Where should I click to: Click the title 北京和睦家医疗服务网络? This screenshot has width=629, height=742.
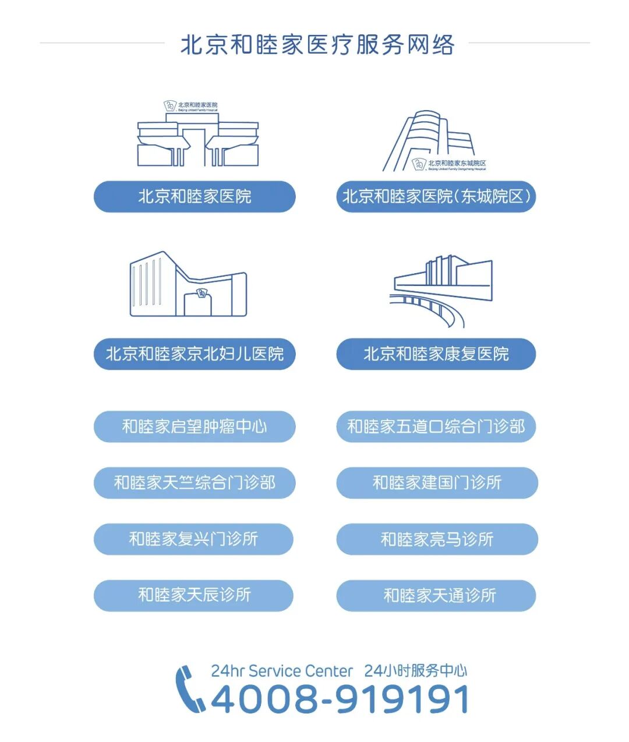click(x=317, y=45)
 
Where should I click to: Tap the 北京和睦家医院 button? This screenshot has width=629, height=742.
click(x=195, y=197)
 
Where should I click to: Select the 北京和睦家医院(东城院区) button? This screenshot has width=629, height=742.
click(x=436, y=197)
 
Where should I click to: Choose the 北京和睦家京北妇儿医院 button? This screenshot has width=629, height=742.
click(x=195, y=354)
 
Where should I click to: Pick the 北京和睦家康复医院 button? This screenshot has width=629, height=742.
click(x=436, y=354)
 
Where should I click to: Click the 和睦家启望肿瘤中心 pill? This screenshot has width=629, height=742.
click(x=195, y=427)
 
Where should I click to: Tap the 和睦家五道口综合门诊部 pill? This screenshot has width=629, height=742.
click(x=436, y=427)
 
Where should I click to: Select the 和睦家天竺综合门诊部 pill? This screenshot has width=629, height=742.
click(x=195, y=483)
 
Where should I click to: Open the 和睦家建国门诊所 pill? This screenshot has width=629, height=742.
click(x=437, y=483)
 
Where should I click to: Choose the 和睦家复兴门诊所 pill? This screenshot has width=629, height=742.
click(x=193, y=539)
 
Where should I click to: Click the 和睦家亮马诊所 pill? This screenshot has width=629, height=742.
click(x=437, y=539)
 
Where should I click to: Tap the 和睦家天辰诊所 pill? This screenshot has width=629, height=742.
click(x=193, y=595)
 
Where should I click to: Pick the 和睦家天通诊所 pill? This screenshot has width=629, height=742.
click(x=436, y=595)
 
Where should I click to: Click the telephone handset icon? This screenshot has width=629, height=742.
click(x=189, y=689)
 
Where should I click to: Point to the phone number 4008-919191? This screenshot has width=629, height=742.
click(x=340, y=699)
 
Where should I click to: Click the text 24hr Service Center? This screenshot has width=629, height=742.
click(x=282, y=671)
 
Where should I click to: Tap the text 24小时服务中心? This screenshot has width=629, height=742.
click(x=415, y=671)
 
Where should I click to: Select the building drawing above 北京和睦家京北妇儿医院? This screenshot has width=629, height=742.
click(x=188, y=285)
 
